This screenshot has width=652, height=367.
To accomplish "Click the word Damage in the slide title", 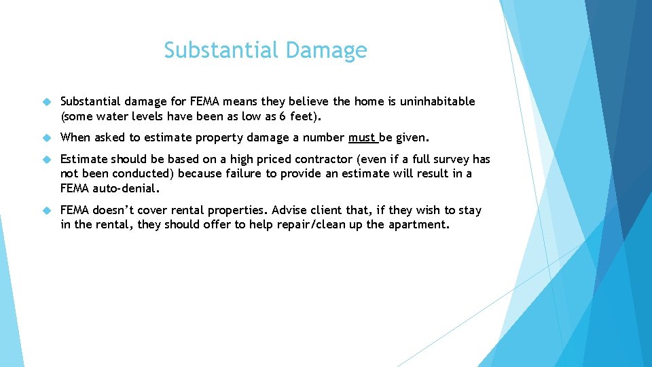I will pyautogui.click(x=327, y=50).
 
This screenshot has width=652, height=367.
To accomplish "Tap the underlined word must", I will pyautogui.click(x=361, y=137).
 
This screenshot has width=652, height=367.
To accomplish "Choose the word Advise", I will pyautogui.click(x=289, y=210).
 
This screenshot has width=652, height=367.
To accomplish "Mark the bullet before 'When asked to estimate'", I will pyautogui.click(x=46, y=137).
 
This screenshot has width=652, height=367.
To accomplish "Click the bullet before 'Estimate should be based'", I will pyautogui.click(x=46, y=159).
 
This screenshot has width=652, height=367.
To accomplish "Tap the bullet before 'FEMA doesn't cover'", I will pyautogui.click(x=46, y=210).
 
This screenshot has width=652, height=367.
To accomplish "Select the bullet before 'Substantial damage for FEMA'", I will pyautogui.click(x=46, y=101).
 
